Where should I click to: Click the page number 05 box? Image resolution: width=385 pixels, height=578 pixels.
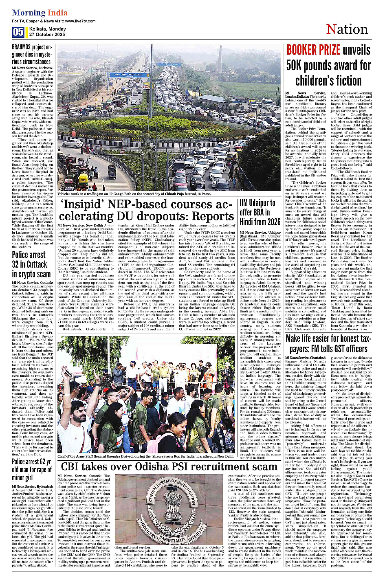18,32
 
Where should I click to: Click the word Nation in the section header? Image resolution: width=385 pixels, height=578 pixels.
347,29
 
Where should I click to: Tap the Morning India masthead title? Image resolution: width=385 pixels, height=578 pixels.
34,13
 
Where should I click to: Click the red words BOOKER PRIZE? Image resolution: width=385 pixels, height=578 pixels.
313,50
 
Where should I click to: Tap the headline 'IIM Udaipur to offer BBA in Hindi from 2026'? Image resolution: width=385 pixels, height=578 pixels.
260,212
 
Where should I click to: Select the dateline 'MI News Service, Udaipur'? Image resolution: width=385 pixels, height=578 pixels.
260,233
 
